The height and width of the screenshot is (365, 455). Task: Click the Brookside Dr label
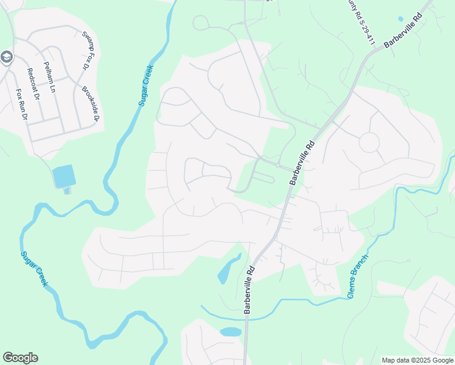click(x=90, y=103)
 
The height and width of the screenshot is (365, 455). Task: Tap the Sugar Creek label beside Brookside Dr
click(x=146, y=85)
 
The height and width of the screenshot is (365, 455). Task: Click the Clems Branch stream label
click(x=359, y=276)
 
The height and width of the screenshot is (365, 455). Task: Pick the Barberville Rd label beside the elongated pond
click(x=249, y=289)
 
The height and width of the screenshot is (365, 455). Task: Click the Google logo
click(x=20, y=358)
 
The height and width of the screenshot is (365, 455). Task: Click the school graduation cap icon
click(x=7, y=58)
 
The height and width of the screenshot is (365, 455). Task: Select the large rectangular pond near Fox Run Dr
click(x=63, y=176)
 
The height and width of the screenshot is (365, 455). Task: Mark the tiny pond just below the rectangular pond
click(x=67, y=191)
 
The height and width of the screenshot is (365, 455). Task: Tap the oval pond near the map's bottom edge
click(x=231, y=332)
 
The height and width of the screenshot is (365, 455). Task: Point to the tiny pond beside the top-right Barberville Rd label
click(x=400, y=19)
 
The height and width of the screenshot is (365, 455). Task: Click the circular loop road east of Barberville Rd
click(x=369, y=143)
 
